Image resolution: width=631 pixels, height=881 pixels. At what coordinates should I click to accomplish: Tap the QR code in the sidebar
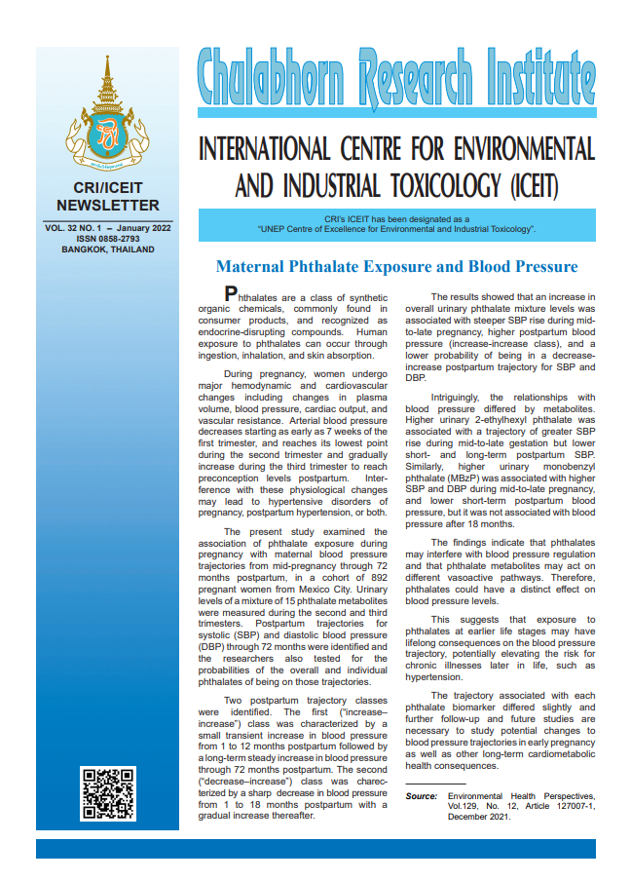tap(107, 793)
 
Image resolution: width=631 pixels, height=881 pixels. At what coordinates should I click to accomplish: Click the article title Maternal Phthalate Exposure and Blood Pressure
tap(396, 266)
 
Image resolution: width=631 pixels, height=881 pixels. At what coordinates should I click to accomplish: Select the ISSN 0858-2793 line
tap(107, 237)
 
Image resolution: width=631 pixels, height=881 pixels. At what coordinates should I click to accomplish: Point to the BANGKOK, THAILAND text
tap(107, 249)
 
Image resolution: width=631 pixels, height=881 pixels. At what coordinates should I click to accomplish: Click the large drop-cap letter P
tap(231, 293)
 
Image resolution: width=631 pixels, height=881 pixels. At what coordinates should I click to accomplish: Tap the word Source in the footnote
tap(421, 796)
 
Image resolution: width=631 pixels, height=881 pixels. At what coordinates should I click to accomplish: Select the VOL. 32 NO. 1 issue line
tap(107, 226)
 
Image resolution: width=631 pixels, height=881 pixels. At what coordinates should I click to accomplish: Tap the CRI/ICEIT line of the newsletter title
tap(107, 188)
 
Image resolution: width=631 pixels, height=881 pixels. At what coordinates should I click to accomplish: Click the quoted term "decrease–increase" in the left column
tap(239, 783)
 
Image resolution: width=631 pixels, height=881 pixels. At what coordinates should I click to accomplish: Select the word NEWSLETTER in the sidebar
tap(107, 205)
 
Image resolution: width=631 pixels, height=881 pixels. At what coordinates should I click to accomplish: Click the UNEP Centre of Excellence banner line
tap(396, 229)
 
